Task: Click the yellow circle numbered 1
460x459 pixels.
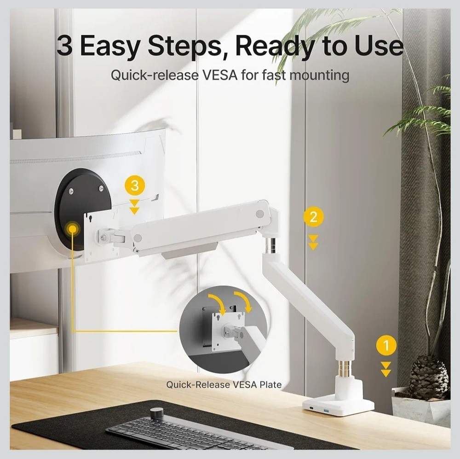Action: (386, 345)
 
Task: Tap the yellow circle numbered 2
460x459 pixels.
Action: (313, 217)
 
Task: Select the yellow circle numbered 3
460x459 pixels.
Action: (135, 186)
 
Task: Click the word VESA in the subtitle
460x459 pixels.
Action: (220, 75)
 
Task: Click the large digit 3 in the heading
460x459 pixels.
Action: (64, 45)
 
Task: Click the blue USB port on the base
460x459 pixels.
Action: (327, 410)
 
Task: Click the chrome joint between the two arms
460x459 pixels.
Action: (270, 245)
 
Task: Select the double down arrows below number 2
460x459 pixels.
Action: (313, 242)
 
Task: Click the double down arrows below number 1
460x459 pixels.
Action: (386, 369)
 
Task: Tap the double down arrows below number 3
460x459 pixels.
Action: (135, 207)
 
